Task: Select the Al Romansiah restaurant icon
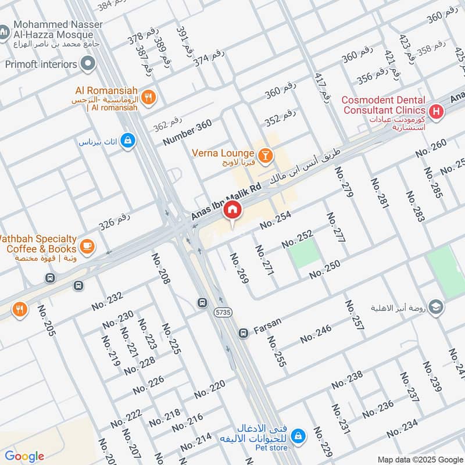click(x=149, y=98)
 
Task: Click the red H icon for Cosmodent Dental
click(x=435, y=110)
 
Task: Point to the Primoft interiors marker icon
click(x=88, y=64)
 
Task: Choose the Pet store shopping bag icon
click(x=298, y=435)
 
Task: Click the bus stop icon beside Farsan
click(x=244, y=334)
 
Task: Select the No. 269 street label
click(x=239, y=269)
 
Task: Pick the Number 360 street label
click(x=187, y=133)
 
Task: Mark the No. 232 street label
click(x=107, y=302)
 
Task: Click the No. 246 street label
click(x=316, y=334)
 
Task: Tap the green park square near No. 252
click(x=305, y=253)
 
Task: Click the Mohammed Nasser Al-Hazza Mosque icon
click(x=4, y=29)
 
